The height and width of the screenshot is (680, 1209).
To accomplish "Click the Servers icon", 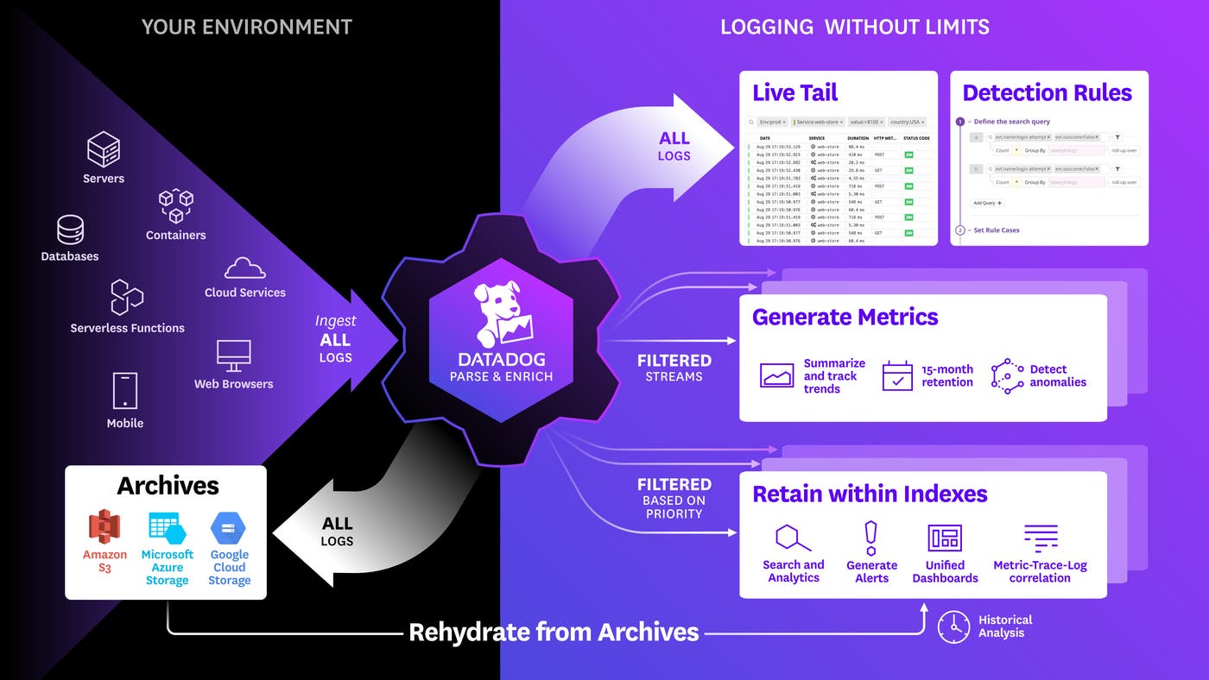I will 104,149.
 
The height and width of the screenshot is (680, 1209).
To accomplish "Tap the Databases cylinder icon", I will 70,230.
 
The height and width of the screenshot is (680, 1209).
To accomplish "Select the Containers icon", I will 175,207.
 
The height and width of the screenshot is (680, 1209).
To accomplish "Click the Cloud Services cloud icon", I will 244,268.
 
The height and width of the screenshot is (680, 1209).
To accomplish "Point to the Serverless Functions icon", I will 127,298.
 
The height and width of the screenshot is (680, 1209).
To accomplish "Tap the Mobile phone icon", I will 125,391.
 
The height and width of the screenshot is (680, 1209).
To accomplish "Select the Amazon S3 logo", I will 104,527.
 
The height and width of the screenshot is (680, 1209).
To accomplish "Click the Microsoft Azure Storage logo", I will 167,528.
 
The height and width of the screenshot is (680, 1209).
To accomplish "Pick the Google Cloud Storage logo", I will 229,528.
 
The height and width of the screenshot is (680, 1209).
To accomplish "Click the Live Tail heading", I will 794,93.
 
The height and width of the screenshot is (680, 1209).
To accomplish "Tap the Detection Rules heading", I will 1047,93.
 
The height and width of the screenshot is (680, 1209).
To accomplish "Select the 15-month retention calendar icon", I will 897,376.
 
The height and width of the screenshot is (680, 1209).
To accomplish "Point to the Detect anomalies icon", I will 1007,376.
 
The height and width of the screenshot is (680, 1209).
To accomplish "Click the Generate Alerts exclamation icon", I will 871,538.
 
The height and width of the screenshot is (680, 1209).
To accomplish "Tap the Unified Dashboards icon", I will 945,538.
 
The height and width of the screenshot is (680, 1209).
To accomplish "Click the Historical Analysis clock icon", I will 953,626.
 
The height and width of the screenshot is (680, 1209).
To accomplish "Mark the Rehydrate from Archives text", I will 554,632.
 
